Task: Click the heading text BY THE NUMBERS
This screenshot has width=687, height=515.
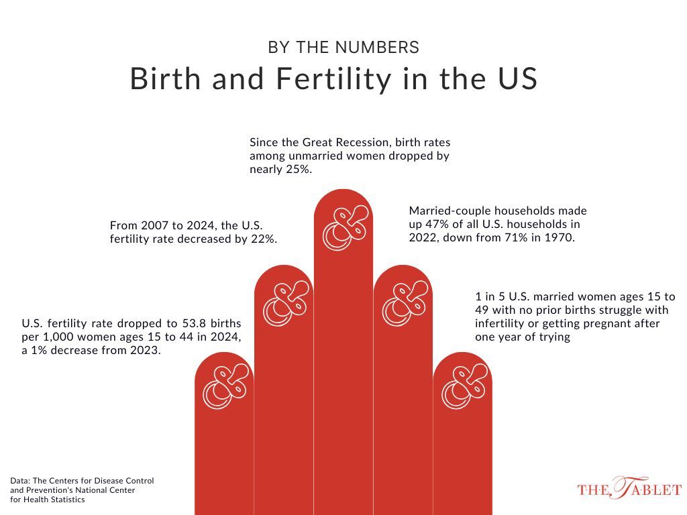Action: pyautogui.click(x=343, y=48)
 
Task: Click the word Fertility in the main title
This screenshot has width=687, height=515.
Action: pyautogui.click(x=324, y=79)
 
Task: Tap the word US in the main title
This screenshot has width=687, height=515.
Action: pyautogui.click(x=519, y=79)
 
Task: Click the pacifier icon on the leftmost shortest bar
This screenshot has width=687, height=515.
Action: pyautogui.click(x=225, y=387)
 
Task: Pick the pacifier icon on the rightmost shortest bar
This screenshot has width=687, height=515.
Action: pyautogui.click(x=463, y=387)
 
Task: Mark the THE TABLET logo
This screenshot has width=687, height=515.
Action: pyautogui.click(x=629, y=489)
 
